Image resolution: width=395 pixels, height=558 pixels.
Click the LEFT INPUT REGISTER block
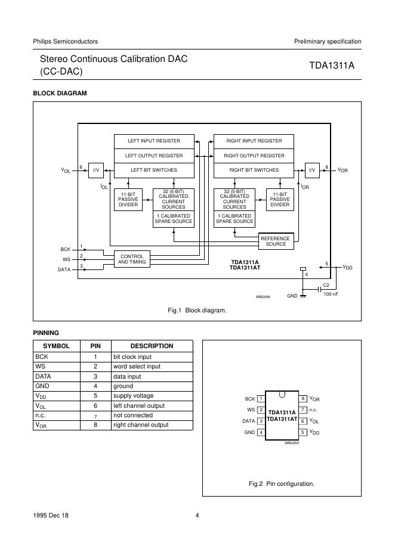point(154,141)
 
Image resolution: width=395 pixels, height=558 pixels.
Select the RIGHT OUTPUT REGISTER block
point(254,156)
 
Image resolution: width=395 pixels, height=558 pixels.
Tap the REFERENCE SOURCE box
point(276,241)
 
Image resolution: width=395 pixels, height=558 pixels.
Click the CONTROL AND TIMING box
point(132,259)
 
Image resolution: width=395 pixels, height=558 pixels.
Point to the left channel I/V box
point(95,170)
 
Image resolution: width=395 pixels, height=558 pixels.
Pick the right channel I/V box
point(312,170)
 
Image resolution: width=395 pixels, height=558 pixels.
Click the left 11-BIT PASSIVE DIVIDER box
point(128,200)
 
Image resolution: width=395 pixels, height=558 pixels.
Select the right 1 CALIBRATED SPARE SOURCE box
point(234,218)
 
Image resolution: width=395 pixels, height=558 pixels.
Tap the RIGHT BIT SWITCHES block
point(254,170)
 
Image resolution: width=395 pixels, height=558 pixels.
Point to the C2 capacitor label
point(326,285)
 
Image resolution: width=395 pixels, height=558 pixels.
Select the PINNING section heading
point(45,333)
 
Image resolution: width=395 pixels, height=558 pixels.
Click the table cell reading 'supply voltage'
point(133,396)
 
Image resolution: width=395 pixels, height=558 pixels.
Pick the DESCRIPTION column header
point(152,346)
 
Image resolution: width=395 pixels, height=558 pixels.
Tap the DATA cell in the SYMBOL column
point(44,377)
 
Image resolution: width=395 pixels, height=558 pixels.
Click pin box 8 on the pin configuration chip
point(303,399)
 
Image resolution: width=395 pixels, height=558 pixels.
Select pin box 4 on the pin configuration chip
point(261,432)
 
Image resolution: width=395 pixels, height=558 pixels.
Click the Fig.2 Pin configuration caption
point(282,483)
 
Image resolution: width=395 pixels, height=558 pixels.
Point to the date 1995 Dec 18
point(51,516)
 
